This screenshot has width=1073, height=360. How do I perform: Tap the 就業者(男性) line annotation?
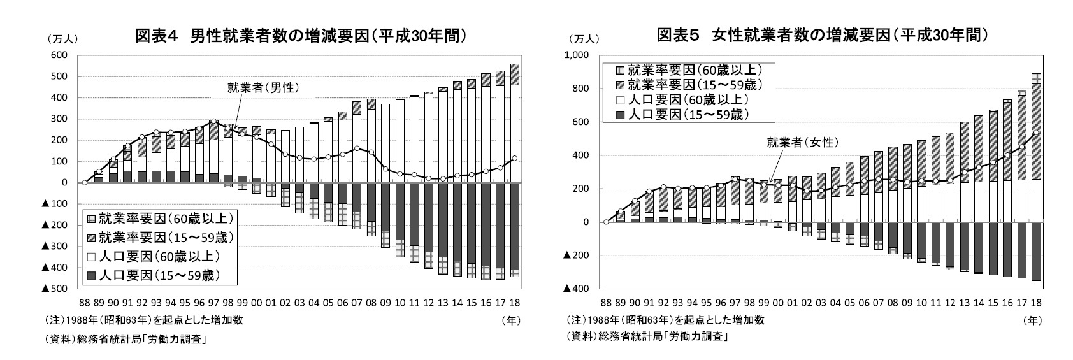click(263, 88)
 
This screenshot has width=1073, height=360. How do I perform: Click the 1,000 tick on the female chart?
click(577, 55)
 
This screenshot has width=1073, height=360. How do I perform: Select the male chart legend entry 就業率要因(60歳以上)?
click(159, 219)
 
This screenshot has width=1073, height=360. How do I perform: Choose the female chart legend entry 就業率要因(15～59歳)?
click(688, 85)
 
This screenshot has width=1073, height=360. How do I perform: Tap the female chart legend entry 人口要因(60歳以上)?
click(682, 100)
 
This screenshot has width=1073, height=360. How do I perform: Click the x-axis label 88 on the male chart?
click(84, 302)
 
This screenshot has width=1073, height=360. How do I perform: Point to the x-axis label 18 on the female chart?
click(1036, 302)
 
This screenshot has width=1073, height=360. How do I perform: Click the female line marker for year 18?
click(1036, 133)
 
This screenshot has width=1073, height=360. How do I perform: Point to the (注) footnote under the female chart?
click(665, 320)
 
